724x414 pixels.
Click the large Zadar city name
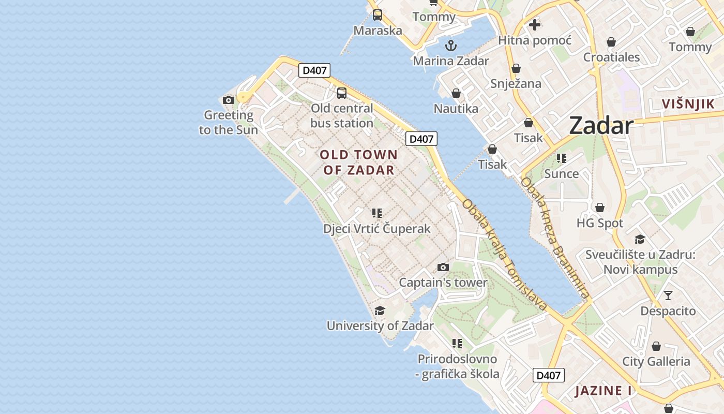point(601,126)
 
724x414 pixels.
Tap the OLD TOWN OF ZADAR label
point(359,162)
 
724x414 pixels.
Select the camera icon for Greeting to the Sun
point(229,100)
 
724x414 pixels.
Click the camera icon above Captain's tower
point(443,267)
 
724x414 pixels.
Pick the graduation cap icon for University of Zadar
point(380,310)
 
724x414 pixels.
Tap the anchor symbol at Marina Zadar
point(451,46)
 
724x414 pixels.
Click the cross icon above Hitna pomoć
point(535,24)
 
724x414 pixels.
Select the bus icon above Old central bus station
point(342,93)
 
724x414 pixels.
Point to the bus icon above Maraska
point(378,14)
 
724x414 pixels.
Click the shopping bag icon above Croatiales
point(611,42)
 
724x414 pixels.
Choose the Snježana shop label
point(516,83)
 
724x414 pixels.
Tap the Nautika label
point(456,108)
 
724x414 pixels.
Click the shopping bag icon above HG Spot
point(600,208)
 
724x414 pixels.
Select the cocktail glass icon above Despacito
point(668,295)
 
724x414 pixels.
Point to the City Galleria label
point(656,361)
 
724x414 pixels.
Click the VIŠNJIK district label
point(688,104)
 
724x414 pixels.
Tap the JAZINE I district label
point(602,390)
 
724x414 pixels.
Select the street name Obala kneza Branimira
point(555,239)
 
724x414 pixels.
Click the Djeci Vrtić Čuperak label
point(376,228)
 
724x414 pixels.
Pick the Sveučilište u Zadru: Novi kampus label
point(640,262)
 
